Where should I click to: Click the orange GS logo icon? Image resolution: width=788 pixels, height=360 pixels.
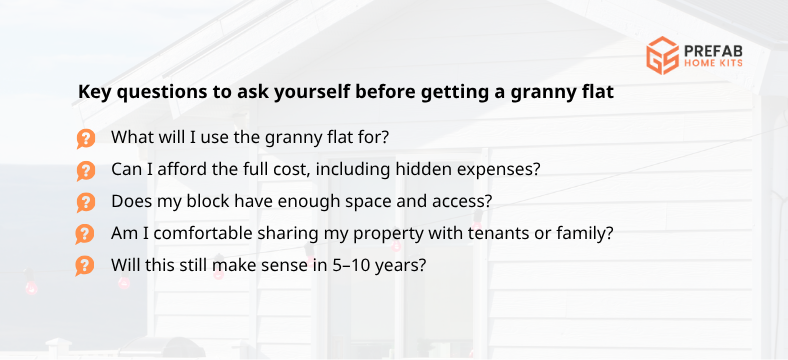tap(662, 55)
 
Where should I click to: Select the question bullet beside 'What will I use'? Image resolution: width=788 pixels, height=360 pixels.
tap(86, 138)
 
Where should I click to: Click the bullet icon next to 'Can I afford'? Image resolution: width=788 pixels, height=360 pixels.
tap(86, 170)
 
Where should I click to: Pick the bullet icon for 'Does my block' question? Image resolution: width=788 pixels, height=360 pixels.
tap(86, 202)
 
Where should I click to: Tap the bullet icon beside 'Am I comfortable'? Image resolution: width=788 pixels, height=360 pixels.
tap(86, 234)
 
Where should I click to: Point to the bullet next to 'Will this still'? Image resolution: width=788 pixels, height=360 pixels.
tap(86, 266)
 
